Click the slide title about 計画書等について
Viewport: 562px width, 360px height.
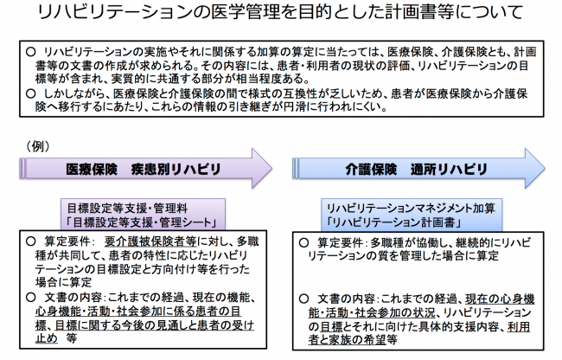(281, 13)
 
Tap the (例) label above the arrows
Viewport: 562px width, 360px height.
(37, 146)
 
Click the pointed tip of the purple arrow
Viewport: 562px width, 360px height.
(271, 168)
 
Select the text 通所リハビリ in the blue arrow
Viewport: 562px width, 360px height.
(449, 169)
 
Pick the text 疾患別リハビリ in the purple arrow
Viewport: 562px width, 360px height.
(176, 169)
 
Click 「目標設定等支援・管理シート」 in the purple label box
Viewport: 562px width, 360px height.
(143, 222)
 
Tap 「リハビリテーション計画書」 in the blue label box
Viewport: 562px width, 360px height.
(393, 222)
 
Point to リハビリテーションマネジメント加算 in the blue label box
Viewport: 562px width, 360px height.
(411, 208)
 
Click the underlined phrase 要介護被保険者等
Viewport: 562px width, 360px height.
(150, 241)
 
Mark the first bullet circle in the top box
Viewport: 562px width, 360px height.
(31, 52)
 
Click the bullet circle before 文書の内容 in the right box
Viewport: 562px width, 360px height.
(304, 299)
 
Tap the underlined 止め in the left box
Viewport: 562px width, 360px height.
(47, 337)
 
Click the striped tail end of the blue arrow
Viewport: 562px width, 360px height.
(296, 168)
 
